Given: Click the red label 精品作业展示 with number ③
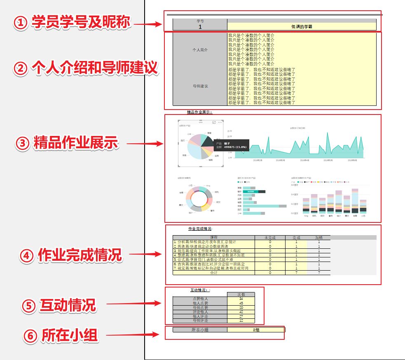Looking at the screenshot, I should click(x=75, y=143).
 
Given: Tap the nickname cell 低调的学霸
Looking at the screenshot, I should click(x=302, y=27).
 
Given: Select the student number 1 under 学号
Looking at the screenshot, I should click(x=200, y=27).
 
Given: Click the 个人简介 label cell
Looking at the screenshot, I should click(x=200, y=49).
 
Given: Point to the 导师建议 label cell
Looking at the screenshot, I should click(x=200, y=86).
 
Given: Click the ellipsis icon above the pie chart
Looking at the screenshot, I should click(x=220, y=122).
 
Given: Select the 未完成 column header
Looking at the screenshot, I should click(x=270, y=238).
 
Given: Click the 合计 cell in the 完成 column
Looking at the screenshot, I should click(x=296, y=273).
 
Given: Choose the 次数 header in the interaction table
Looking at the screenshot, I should click(x=241, y=295).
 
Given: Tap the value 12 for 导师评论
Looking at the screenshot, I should click(x=241, y=320).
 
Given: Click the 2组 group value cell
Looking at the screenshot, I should click(x=256, y=330).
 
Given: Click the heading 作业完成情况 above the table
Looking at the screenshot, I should click(x=200, y=229).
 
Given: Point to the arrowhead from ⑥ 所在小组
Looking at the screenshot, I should click(x=157, y=334).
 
